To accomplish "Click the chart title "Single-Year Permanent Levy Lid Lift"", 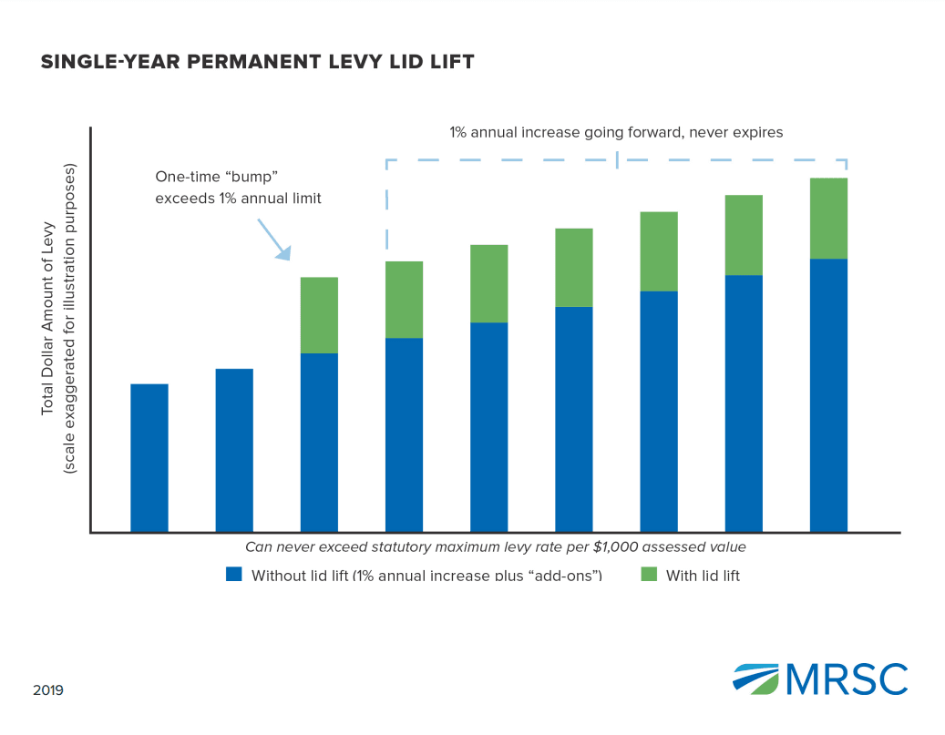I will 257,62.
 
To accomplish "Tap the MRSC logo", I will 820,679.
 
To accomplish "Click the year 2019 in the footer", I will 48,691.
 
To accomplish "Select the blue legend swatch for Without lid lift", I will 234,575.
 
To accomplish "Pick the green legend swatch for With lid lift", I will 648,575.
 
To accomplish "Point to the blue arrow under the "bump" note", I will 273,238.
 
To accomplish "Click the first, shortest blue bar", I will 149,458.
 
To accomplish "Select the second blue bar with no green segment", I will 234,450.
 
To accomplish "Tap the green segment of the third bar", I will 319,315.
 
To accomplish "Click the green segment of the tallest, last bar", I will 828,219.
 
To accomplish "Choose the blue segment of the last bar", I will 828,395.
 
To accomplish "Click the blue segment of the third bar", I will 319,443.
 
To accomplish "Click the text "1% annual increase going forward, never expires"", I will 616,132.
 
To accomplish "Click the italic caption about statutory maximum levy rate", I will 496,547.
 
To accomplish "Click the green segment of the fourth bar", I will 404,300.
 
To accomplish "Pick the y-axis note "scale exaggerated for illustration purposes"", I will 69,319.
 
